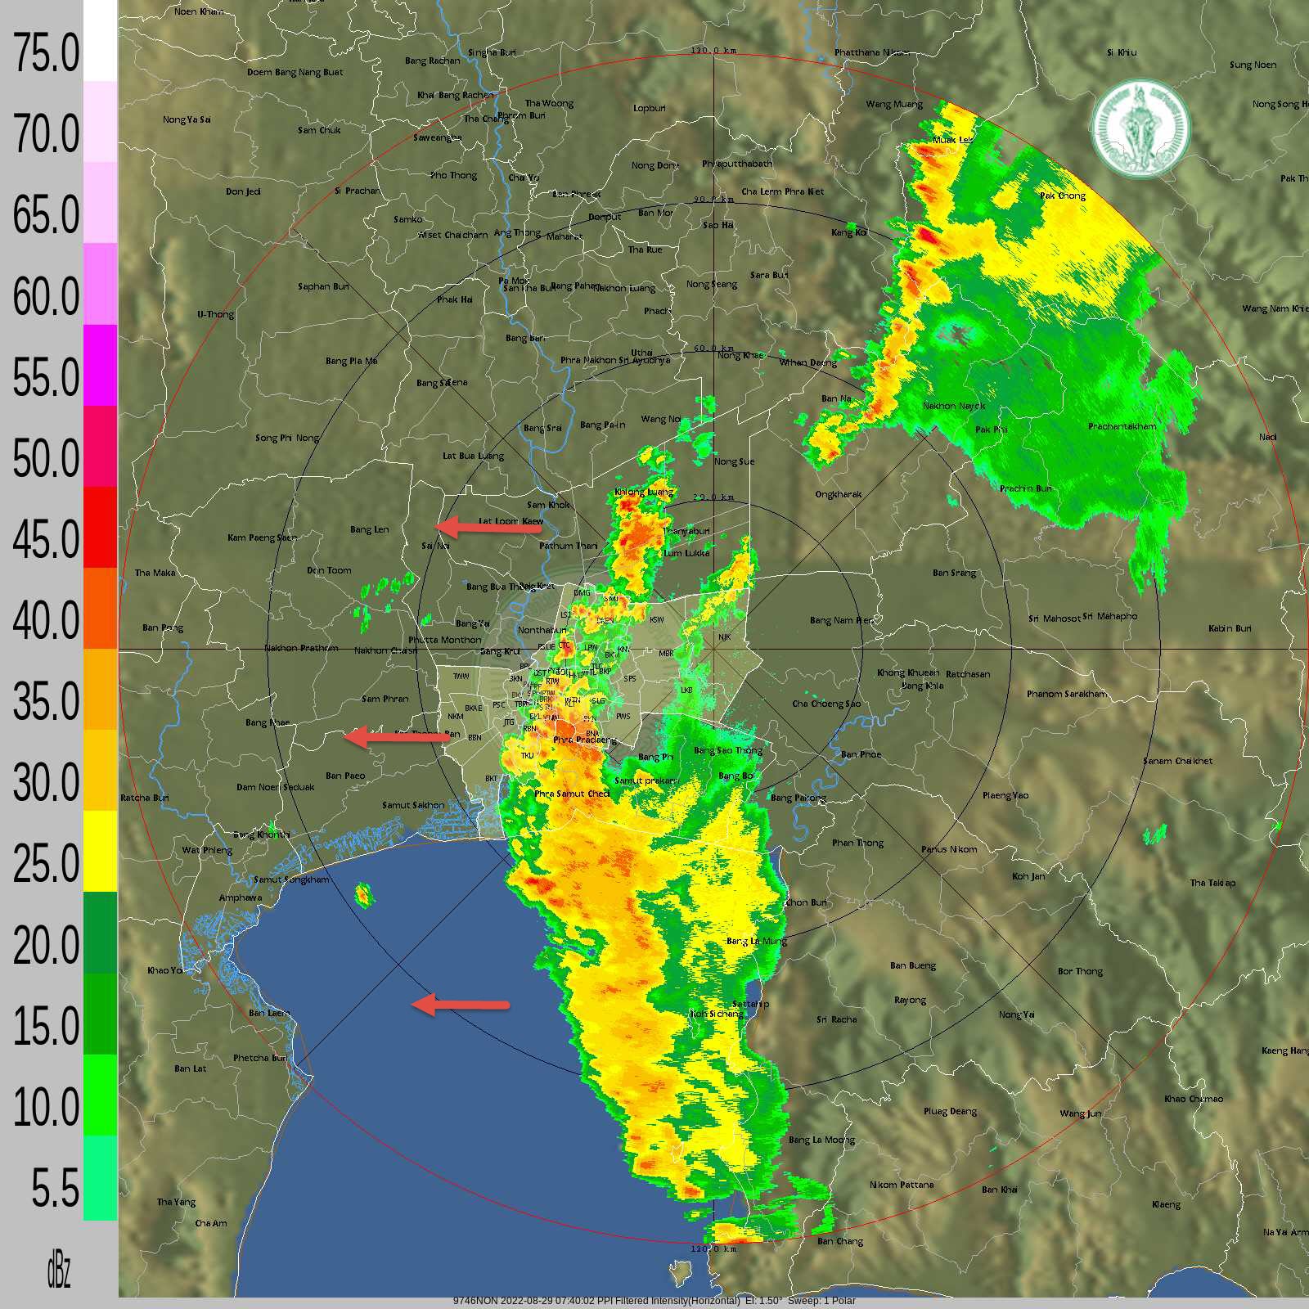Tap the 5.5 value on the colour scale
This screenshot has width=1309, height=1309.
click(x=55, y=1188)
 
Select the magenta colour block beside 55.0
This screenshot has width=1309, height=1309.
click(x=100, y=365)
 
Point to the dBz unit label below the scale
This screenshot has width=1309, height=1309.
click(x=58, y=1271)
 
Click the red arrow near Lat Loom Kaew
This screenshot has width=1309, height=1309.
click(x=488, y=528)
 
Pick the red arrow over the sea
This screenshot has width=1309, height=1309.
click(x=460, y=1004)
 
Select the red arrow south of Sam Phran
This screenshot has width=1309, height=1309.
click(x=396, y=737)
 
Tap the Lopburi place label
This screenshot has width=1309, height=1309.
click(x=650, y=108)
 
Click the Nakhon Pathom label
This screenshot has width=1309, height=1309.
click(x=301, y=648)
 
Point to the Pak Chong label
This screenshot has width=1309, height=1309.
click(x=1062, y=196)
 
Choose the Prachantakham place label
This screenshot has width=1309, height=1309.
click(x=1122, y=426)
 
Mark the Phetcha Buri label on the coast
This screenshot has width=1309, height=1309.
click(x=260, y=1058)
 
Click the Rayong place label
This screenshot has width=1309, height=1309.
click(x=910, y=1000)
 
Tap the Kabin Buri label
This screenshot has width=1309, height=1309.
click(x=1230, y=628)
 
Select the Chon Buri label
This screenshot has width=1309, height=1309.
click(x=806, y=902)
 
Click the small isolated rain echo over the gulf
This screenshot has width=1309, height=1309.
click(x=363, y=896)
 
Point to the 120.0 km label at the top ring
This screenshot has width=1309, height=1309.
click(x=713, y=51)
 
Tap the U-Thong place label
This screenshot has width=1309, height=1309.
click(x=215, y=314)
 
